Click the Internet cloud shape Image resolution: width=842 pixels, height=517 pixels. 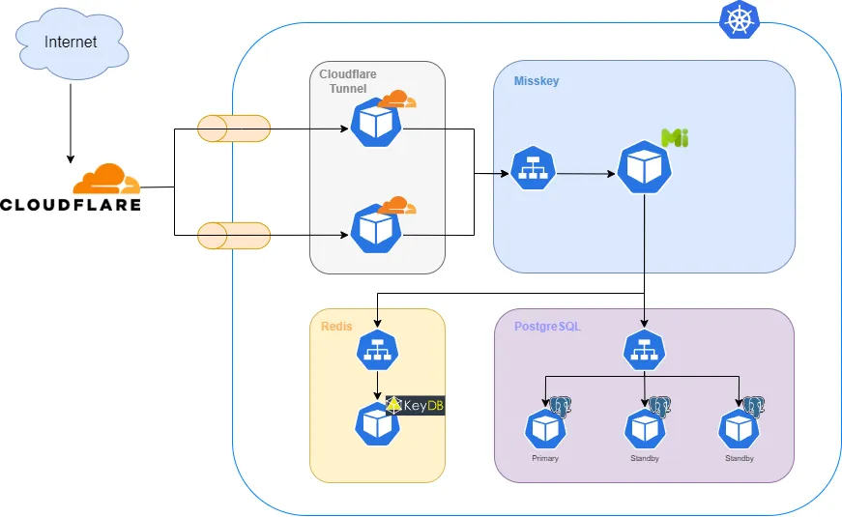[x=71, y=43]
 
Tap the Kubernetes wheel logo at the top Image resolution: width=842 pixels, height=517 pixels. [x=739, y=19]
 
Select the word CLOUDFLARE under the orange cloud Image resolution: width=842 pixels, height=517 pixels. [x=71, y=205]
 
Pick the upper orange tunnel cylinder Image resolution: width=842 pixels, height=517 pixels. [x=233, y=128]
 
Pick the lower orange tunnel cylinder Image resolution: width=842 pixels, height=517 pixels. [x=233, y=235]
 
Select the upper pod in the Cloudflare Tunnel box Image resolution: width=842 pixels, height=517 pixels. [x=374, y=123]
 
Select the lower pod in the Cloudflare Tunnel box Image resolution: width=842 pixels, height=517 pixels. [x=374, y=228]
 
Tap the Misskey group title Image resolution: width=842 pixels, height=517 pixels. [x=536, y=81]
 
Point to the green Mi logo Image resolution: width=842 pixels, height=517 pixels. [x=674, y=137]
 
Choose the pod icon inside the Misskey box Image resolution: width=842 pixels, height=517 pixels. [x=644, y=167]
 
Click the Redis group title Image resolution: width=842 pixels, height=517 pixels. [x=337, y=327]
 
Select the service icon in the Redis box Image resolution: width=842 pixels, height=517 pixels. [x=377, y=353]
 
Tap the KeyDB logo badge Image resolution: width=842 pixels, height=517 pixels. [x=415, y=405]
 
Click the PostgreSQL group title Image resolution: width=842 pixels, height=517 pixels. [x=546, y=327]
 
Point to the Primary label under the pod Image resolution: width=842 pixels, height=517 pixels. [x=545, y=458]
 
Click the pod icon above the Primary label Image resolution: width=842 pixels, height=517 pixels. [x=545, y=428]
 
